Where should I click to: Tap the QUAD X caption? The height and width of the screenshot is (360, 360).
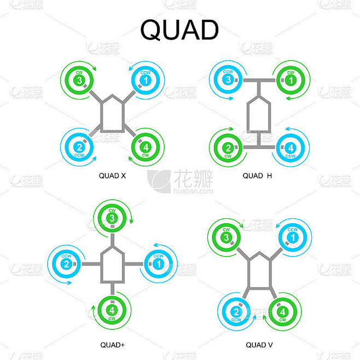113,176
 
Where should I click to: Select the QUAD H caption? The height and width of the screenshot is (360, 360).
257,176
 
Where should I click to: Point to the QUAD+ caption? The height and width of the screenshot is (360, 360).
113,345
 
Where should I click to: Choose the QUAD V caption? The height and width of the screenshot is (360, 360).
259,345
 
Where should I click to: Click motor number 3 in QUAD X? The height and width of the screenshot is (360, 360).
79,80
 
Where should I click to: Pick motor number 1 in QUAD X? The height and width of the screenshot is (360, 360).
145,80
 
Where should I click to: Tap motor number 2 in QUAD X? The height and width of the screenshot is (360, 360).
79,147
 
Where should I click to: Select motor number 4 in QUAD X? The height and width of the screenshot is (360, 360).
146,147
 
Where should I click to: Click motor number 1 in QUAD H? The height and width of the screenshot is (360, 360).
291,80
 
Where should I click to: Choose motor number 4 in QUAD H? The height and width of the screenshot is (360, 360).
291,148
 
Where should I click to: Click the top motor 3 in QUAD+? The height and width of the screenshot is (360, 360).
112,219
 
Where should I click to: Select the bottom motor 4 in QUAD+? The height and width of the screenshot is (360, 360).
112,311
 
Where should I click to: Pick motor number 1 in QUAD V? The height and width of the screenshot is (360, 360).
293,238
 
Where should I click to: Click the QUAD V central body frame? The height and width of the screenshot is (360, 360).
259,272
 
